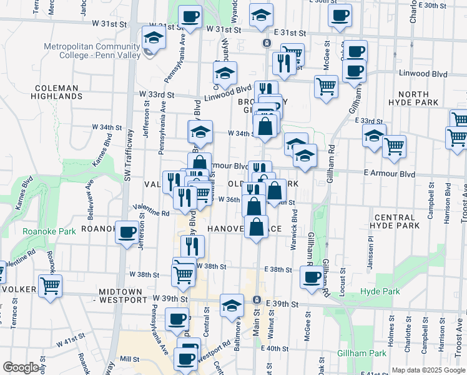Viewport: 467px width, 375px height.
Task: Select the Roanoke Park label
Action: pos(49,231)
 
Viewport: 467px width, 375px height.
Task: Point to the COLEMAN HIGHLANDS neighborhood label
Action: pos(57,92)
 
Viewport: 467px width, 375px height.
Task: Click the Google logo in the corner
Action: pos(21,367)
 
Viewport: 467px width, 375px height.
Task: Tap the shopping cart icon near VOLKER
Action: pos(51,286)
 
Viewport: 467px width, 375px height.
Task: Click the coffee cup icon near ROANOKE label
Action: pos(128,232)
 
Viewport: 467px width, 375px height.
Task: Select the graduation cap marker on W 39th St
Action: pos(232,306)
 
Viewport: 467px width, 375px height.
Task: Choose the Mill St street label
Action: pos(129,359)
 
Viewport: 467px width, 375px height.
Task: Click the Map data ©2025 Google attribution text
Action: pos(428,370)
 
